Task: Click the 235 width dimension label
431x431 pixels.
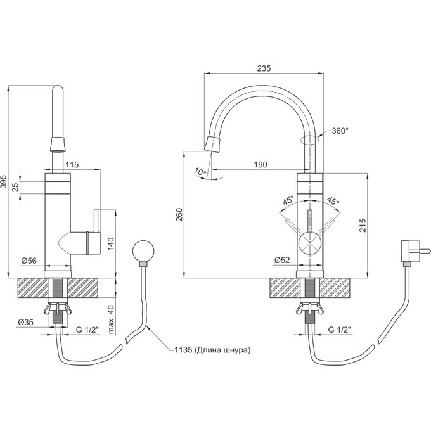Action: coord(264,68)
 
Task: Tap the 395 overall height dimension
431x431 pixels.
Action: coord(4,181)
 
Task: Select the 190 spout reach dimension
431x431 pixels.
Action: coord(261,165)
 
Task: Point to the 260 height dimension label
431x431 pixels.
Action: coord(179,215)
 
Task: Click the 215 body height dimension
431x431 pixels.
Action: coord(363,226)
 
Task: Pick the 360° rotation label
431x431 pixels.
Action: coord(340,131)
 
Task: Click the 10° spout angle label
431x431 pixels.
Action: coord(201,172)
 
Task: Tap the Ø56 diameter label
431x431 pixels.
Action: coord(29,260)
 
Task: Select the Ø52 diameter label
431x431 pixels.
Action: coord(282,260)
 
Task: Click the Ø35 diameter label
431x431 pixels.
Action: coord(25,322)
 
